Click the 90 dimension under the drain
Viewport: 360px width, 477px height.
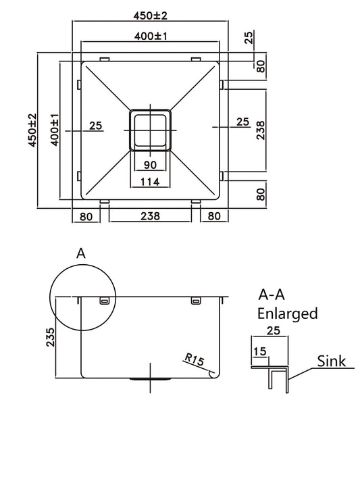(150, 165)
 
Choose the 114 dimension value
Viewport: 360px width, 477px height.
(150, 181)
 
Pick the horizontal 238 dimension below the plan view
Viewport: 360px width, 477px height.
(150, 217)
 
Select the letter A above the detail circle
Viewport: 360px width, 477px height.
(81, 254)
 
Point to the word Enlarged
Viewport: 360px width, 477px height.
(288, 313)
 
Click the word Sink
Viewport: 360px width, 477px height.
(331, 361)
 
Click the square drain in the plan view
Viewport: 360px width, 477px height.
(150, 128)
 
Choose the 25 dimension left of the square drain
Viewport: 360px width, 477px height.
(95, 125)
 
